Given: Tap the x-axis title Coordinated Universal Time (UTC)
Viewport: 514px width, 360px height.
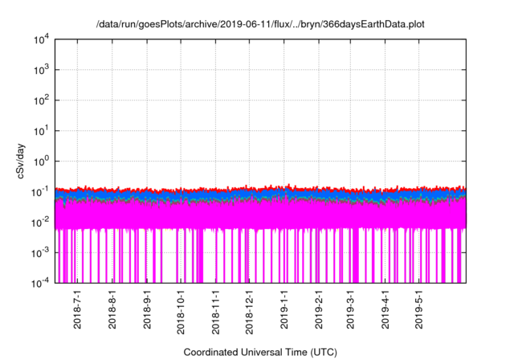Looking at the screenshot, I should click(260, 352).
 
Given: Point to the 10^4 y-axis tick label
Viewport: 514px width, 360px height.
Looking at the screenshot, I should click(42, 39).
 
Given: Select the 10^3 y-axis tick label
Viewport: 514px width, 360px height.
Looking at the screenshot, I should click(42, 70).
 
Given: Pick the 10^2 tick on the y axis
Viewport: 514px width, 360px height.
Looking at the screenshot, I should click(42, 100).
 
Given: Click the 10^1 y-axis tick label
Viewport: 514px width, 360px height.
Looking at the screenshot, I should click(42, 131).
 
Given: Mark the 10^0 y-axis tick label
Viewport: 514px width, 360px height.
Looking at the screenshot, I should click(42, 161).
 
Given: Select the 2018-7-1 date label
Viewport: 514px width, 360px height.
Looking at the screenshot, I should click(78, 310).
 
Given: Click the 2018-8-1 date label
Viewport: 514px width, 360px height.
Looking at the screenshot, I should click(112, 310).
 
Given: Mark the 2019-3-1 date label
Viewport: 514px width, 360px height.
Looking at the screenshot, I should click(351, 310).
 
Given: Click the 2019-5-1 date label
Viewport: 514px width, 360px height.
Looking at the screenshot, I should click(419, 310).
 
